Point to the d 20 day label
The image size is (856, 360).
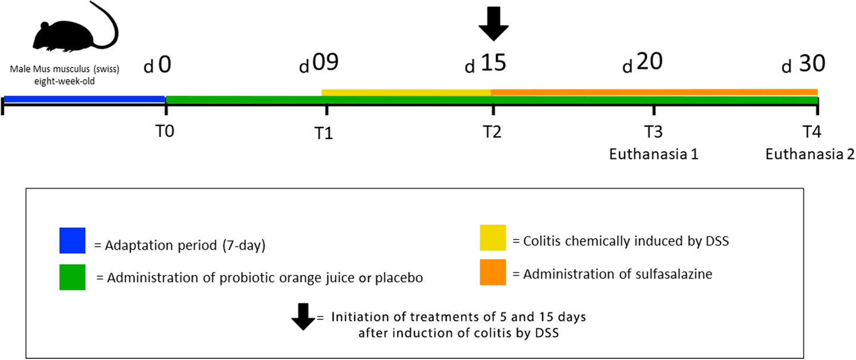point(642,63)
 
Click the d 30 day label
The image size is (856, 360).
point(803,65)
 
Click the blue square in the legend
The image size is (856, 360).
point(73,241)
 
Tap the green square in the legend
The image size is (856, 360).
point(73,277)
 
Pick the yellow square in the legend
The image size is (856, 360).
point(492,237)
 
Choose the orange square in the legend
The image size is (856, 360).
point(492,273)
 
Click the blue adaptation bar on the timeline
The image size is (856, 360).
point(85,99)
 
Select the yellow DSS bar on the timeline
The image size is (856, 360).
point(406,92)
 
